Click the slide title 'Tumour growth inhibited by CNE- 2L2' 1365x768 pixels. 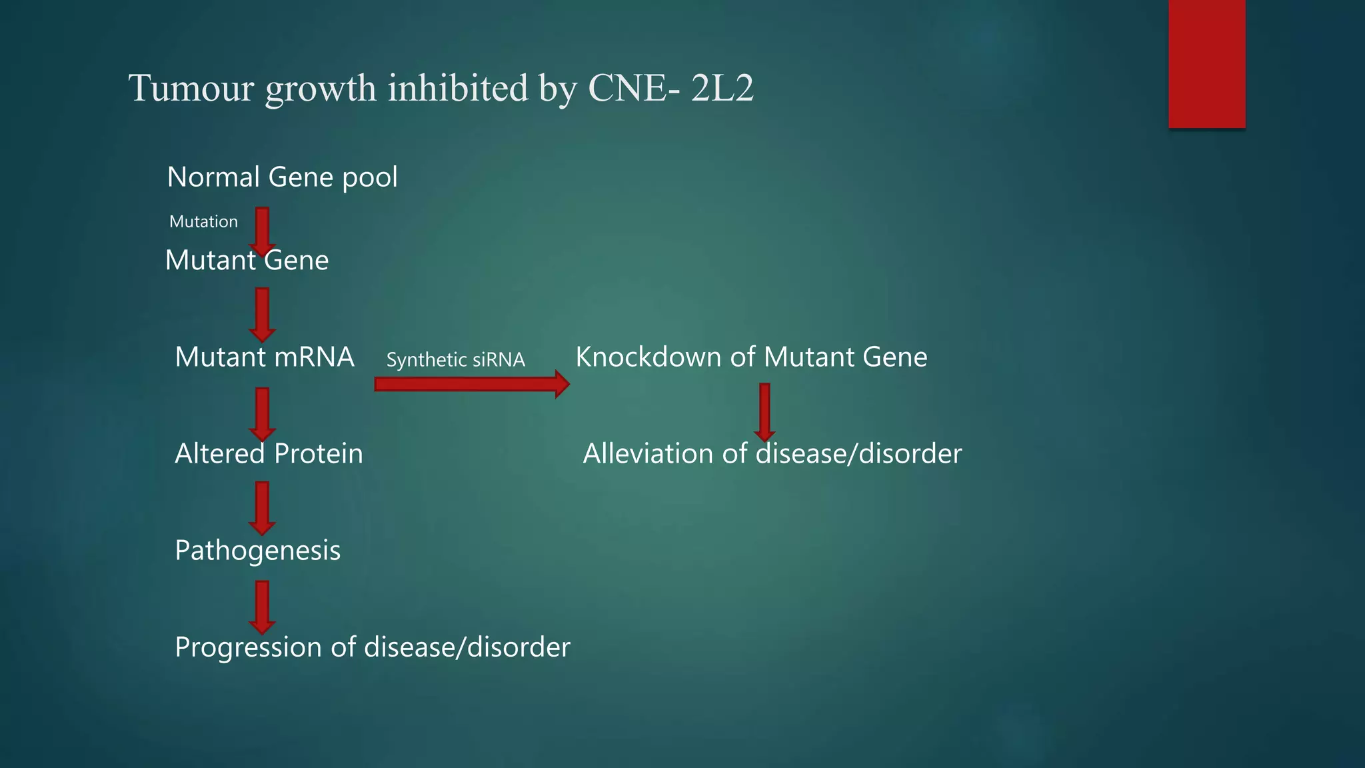pos(441,88)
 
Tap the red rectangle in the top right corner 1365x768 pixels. pos(1206,63)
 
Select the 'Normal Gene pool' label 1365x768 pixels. pos(282,177)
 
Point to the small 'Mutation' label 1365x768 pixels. pos(203,221)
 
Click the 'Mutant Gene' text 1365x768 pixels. pos(247,260)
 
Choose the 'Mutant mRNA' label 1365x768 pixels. pos(264,357)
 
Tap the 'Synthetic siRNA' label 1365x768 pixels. pos(455,360)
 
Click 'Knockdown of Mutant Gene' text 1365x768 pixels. pos(751,357)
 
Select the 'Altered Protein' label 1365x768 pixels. pos(269,454)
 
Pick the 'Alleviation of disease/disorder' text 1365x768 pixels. pos(772,454)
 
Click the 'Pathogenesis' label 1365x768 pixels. pos(257,551)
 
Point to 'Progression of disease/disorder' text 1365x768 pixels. pos(372,647)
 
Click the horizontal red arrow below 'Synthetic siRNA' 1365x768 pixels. pos(471,384)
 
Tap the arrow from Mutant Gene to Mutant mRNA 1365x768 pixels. pos(263,314)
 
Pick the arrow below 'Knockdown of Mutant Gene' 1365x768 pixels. pos(764,411)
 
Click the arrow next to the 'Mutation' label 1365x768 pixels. pos(263,230)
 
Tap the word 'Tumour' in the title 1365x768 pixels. pos(191,88)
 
